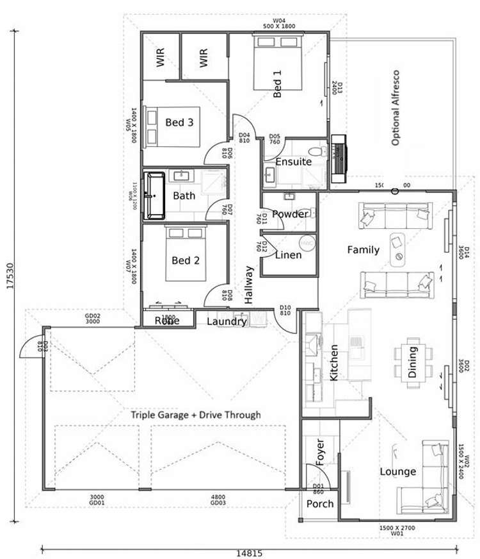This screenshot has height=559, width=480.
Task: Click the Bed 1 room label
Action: point(277,84)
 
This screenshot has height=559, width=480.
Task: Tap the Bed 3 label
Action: point(179,122)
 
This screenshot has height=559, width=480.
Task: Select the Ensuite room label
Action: point(294,162)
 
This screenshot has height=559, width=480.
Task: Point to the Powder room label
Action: point(291,214)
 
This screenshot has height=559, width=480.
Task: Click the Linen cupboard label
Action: point(288,254)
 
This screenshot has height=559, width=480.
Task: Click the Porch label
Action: point(320,504)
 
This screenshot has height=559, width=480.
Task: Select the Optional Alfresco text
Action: point(396,108)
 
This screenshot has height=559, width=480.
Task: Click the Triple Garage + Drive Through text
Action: point(196,415)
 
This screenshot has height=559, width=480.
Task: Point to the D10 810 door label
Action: point(285,310)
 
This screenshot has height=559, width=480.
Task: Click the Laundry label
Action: point(226,321)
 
